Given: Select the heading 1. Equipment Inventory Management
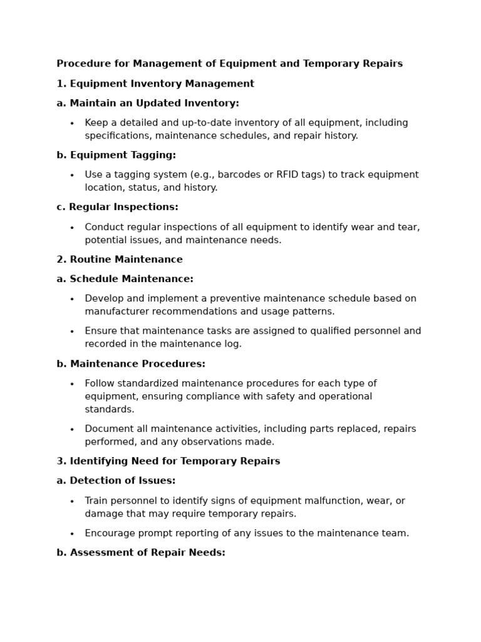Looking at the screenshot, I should tap(155, 84).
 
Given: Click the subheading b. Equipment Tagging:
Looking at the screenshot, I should tap(116, 155).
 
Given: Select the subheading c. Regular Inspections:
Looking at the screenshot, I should tap(117, 208).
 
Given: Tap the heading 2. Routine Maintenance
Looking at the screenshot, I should tap(120, 260).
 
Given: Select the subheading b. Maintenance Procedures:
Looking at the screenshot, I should tap(131, 364).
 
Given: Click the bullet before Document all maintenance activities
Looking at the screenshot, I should tap(72, 430).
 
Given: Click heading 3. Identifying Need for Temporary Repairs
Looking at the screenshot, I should tap(168, 461).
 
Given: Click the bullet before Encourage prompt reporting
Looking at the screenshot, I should tap(72, 534).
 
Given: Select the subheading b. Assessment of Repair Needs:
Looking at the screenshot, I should tap(141, 553).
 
